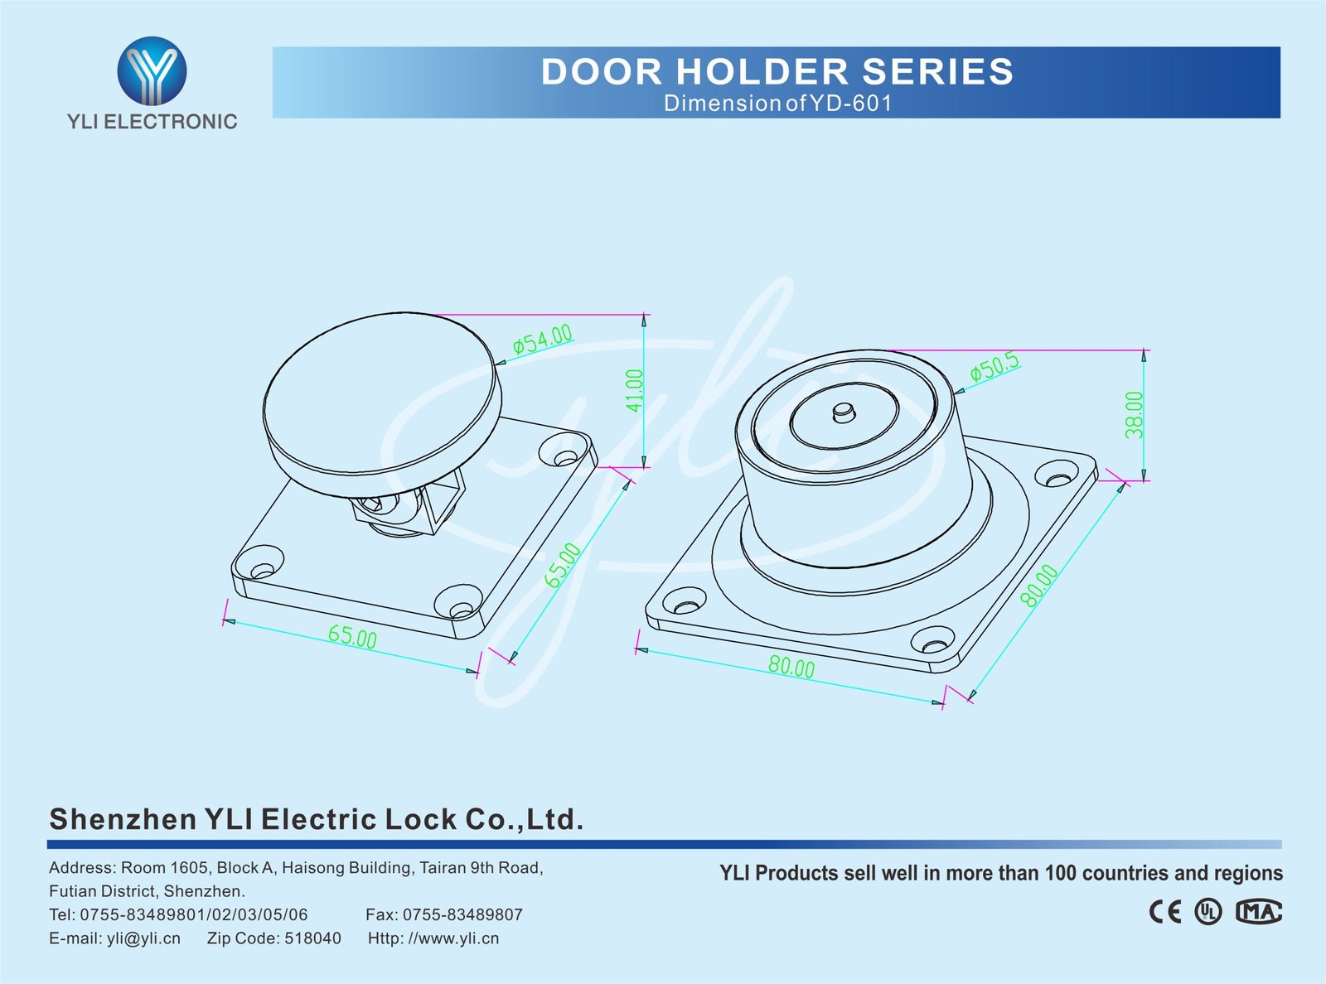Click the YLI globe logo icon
click(152, 71)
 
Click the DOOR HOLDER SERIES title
click(777, 72)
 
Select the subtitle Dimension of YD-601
click(777, 104)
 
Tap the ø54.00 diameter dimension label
click(543, 340)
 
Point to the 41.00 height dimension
click(634, 390)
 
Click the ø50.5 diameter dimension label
click(994, 367)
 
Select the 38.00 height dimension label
click(1135, 414)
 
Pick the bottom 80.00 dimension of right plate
click(791, 666)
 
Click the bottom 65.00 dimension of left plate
click(352, 637)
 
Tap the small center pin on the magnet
click(844, 411)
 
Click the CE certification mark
click(1164, 912)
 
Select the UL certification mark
click(1208, 912)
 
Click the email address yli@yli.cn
click(143, 938)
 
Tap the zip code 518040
click(312, 938)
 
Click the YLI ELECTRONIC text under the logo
click(152, 122)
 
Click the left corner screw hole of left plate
click(262, 570)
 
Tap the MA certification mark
click(1258, 912)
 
